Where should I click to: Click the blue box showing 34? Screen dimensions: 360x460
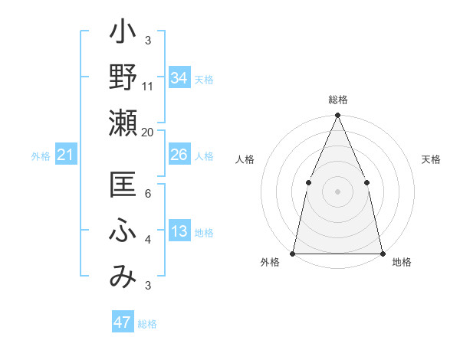tap(179, 77)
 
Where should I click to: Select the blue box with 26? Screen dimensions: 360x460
tap(179, 155)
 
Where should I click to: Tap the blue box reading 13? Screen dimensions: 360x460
tap(179, 232)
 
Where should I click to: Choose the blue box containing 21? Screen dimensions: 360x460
tap(65, 155)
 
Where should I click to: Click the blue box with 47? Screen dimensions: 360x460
tap(123, 322)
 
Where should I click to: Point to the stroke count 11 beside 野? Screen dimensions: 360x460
tap(148, 86)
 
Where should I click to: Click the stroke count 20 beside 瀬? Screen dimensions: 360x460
tap(148, 132)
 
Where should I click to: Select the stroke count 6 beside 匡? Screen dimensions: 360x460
tap(148, 195)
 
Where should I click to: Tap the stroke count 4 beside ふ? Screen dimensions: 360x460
tap(148, 240)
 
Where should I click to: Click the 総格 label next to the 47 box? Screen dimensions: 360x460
tap(147, 324)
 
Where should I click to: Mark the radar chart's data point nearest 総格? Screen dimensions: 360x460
tap(337, 116)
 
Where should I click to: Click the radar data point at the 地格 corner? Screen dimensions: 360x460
tap(382, 253)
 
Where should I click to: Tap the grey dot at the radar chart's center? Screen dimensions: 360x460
tap(337, 191)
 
